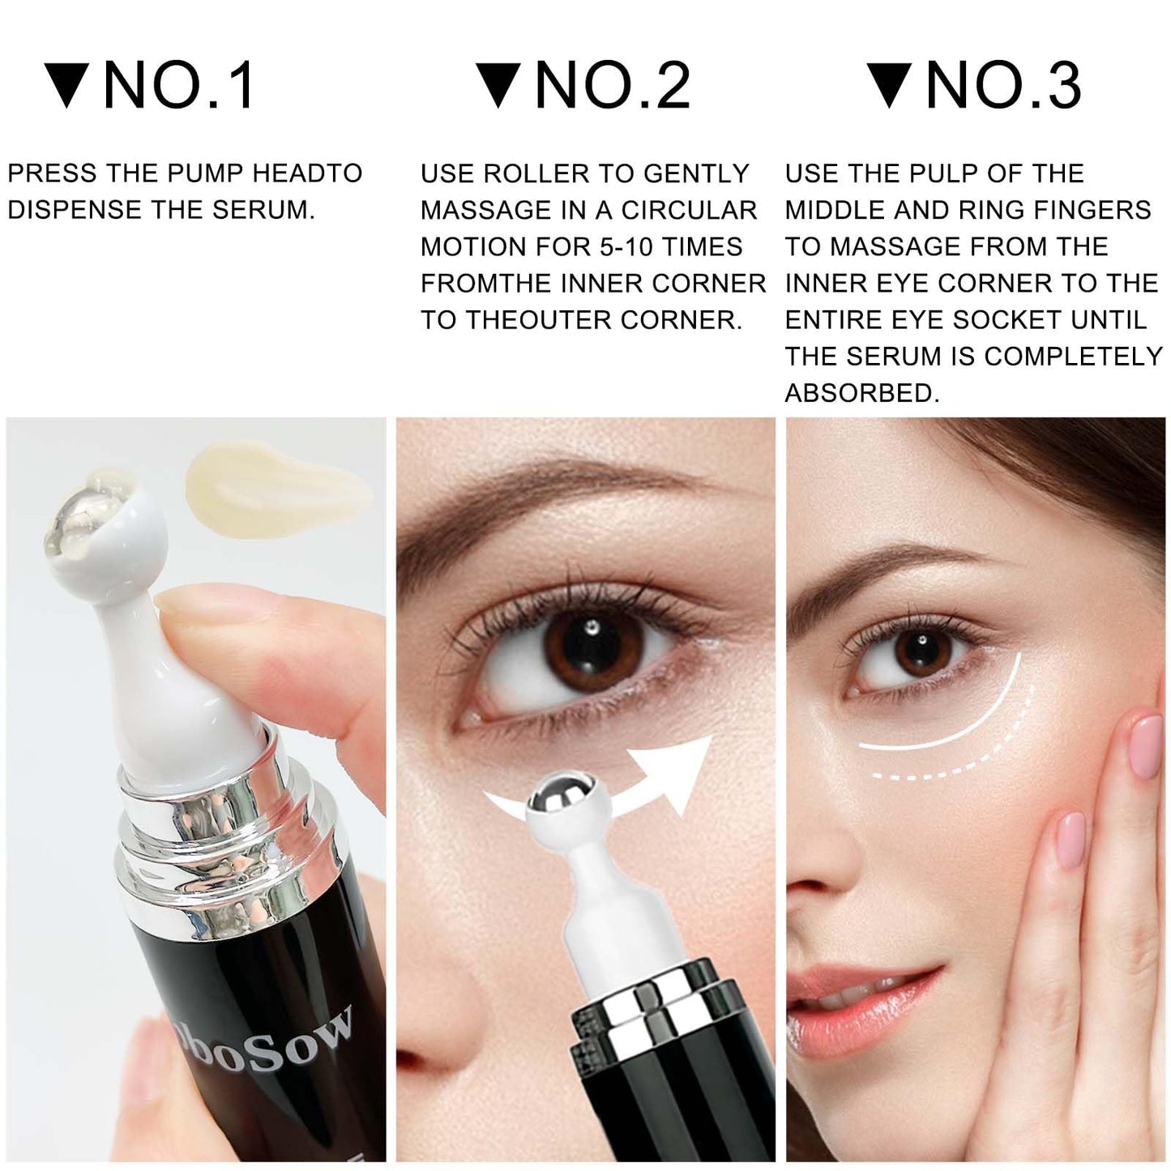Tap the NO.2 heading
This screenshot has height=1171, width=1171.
(613, 85)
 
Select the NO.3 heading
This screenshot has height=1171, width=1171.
(1003, 85)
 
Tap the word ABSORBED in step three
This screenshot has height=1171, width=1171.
(861, 393)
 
